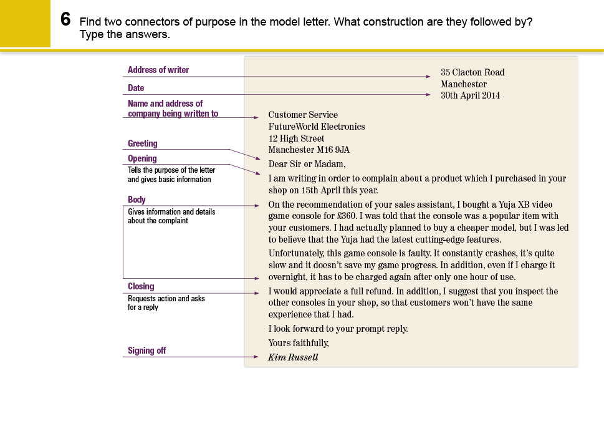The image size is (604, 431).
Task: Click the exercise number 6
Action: pyautogui.click(x=65, y=19)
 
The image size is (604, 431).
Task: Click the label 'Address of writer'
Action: pyautogui.click(x=158, y=70)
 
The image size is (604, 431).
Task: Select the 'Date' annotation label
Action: pyautogui.click(x=136, y=88)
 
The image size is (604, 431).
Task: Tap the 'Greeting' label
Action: pyautogui.click(x=143, y=143)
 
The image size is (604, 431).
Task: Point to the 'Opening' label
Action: pyautogui.click(x=142, y=158)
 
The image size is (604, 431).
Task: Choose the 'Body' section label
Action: pyautogui.click(x=137, y=200)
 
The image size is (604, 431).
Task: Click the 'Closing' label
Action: pyautogui.click(x=141, y=286)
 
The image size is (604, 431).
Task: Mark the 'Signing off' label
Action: pyautogui.click(x=146, y=351)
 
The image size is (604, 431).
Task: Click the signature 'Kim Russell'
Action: pyautogui.click(x=293, y=357)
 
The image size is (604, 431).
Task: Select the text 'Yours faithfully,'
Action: pyautogui.click(x=299, y=343)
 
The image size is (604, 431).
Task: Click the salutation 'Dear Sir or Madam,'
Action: pyautogui.click(x=307, y=164)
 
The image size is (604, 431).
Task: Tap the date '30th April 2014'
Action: pyautogui.click(x=470, y=95)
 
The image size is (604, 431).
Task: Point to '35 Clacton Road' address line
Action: pyautogui.click(x=472, y=72)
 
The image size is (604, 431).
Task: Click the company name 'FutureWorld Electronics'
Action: pyautogui.click(x=317, y=127)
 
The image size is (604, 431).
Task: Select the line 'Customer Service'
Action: pyautogui.click(x=303, y=115)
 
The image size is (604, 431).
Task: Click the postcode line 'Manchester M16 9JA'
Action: pyautogui.click(x=309, y=150)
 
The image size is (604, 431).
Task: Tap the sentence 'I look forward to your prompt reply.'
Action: pyautogui.click(x=338, y=329)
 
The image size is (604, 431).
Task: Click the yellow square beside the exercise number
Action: pyautogui.click(x=25, y=23)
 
